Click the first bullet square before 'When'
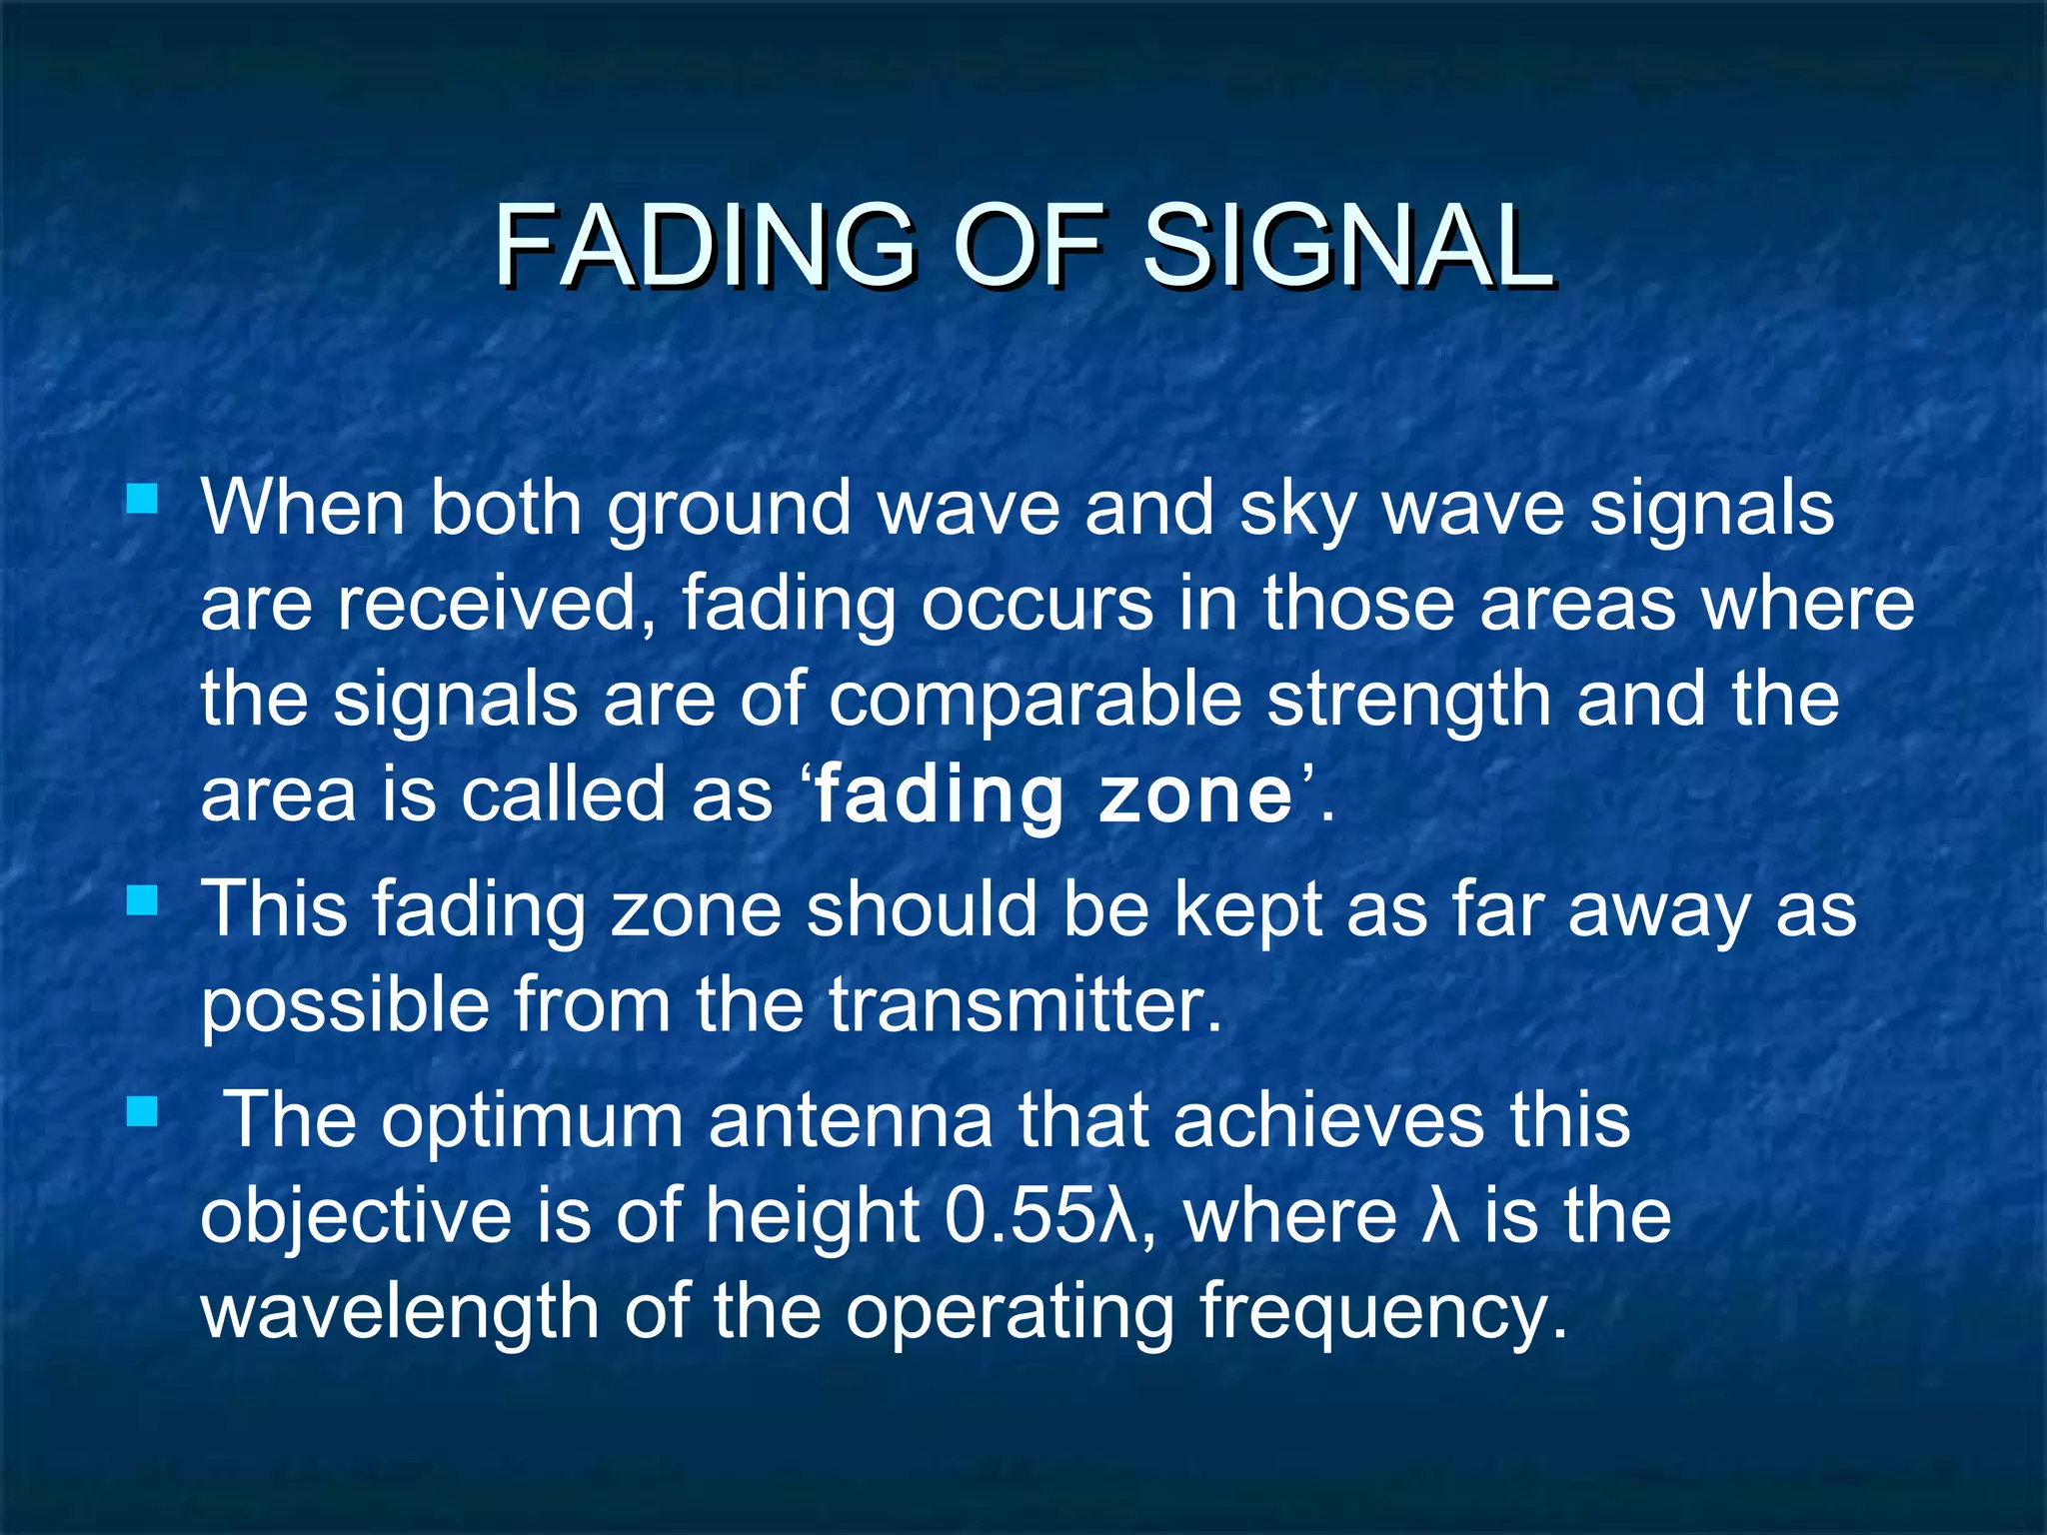point(143,498)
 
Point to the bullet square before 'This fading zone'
point(143,901)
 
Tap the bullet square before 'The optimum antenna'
point(143,1111)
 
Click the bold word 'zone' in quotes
point(1195,796)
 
